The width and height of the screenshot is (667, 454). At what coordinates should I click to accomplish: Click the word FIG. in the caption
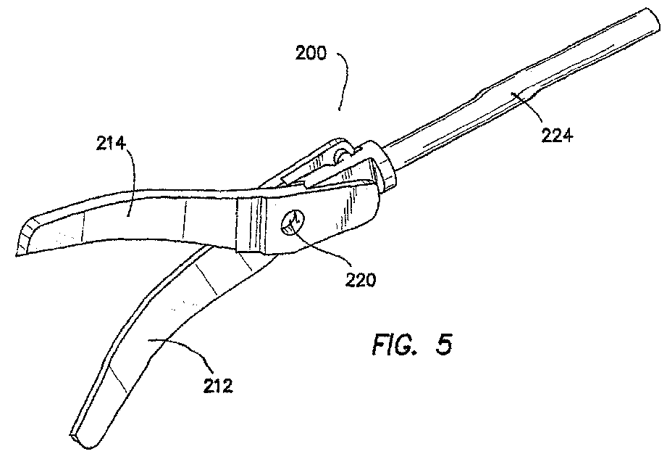click(395, 343)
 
